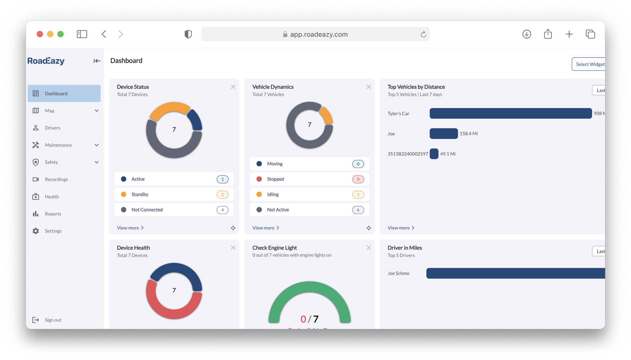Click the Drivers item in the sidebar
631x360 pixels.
point(52,128)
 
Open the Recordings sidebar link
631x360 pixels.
point(56,179)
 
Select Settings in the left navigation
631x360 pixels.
point(53,231)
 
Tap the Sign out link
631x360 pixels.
point(53,320)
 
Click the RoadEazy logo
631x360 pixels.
point(46,61)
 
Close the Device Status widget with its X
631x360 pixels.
point(233,87)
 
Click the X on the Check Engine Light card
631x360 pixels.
point(368,248)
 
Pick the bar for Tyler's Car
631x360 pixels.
point(510,113)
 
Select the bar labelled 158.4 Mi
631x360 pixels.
point(443,133)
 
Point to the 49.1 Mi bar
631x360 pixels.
point(434,154)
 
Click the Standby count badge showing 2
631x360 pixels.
point(222,194)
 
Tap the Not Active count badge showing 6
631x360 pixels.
point(358,210)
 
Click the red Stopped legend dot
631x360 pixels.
point(259,179)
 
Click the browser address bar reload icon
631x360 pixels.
point(423,34)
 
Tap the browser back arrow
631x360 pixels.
point(104,34)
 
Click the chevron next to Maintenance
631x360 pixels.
point(97,145)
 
